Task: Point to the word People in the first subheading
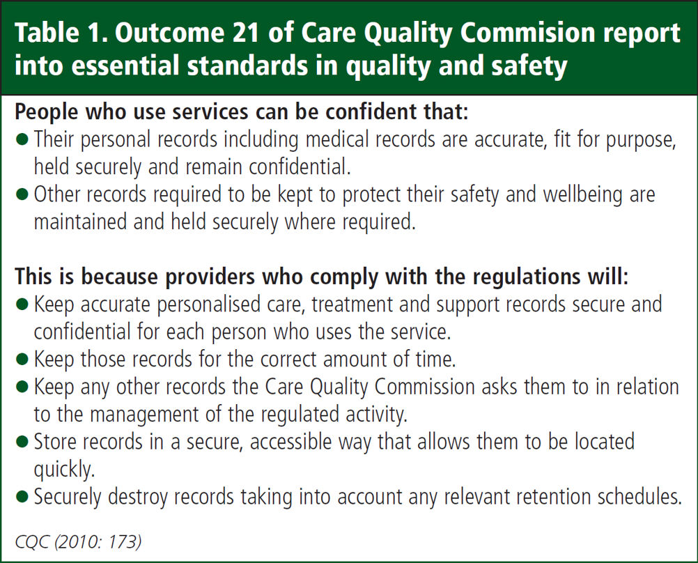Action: [47, 111]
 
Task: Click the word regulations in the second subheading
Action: [526, 277]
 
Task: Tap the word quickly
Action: [64, 470]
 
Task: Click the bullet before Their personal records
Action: [22, 140]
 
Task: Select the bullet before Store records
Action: [22, 442]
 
